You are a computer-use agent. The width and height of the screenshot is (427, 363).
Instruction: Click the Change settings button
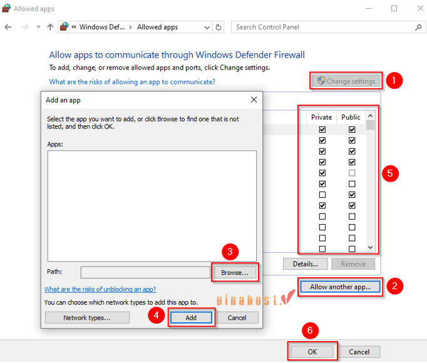pyautogui.click(x=346, y=81)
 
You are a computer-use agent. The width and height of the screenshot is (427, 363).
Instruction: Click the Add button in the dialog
pyautogui.click(x=191, y=317)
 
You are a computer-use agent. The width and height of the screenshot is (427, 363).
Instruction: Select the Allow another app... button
pyautogui.click(x=340, y=287)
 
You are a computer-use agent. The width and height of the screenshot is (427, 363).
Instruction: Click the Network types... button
pyautogui.click(x=87, y=317)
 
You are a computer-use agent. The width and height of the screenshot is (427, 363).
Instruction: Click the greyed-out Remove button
pyautogui.click(x=353, y=264)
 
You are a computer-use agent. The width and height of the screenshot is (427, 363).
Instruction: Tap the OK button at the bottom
pyautogui.click(x=312, y=352)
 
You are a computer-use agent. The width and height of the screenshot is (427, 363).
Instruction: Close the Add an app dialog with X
pyautogui.click(x=254, y=100)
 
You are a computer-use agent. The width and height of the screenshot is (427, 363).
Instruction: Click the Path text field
pyautogui.click(x=145, y=272)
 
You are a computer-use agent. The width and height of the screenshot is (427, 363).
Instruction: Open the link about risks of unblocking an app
pyautogui.click(x=100, y=289)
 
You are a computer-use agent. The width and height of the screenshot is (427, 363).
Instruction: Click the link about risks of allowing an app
pyautogui.click(x=132, y=82)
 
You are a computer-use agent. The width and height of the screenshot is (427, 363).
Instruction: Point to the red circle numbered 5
pyautogui.click(x=390, y=173)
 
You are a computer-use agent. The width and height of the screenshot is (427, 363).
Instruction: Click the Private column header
pyautogui.click(x=321, y=117)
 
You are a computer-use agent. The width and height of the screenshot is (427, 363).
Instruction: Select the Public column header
pyautogui.click(x=351, y=117)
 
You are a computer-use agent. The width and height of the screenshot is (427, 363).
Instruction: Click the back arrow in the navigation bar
pyautogui.click(x=8, y=27)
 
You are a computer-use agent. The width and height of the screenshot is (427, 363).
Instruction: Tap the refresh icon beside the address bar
pyautogui.click(x=219, y=28)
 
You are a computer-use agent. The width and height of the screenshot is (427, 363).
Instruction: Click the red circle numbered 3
pyautogui.click(x=230, y=252)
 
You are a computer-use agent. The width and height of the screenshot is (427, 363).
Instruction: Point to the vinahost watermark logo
pyautogui.click(x=256, y=299)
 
